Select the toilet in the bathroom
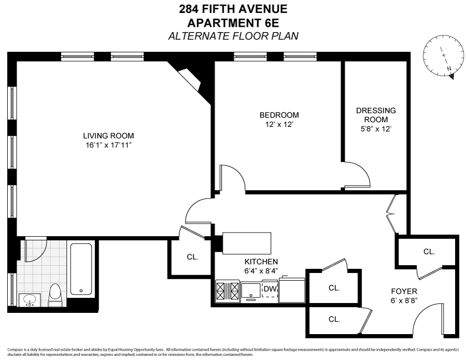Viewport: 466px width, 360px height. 55,295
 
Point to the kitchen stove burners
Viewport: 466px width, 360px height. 228,291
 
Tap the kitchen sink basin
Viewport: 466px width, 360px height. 252,290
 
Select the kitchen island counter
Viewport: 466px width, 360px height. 247,243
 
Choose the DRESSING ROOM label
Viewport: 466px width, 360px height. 375,119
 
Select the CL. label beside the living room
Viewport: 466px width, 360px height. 192,256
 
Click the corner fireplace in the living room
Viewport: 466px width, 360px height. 190,78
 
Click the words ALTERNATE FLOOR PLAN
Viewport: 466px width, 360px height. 233,36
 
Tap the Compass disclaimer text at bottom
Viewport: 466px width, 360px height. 233,352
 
